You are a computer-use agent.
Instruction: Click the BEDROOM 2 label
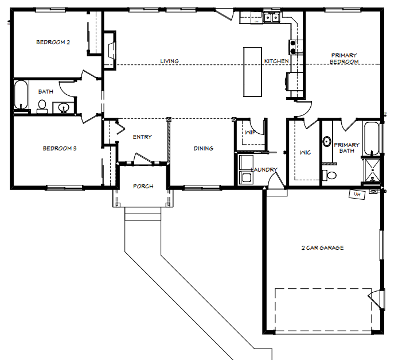(53, 42)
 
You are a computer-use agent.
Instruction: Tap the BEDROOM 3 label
(60, 148)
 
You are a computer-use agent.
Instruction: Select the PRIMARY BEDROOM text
(344, 59)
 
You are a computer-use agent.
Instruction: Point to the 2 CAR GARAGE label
(322, 248)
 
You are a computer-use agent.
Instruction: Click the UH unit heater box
(357, 195)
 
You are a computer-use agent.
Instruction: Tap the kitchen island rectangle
(252, 72)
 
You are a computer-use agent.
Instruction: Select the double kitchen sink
(271, 17)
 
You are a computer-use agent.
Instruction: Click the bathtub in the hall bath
(21, 95)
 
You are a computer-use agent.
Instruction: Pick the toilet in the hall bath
(42, 106)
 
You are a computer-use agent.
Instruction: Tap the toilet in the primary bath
(329, 175)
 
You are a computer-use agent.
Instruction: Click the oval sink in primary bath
(327, 141)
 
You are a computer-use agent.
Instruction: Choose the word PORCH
(143, 187)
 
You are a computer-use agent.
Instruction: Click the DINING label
(204, 148)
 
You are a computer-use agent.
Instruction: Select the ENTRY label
(142, 137)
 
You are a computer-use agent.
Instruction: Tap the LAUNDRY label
(264, 170)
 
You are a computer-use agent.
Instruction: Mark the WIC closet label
(305, 153)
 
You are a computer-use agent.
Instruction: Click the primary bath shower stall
(372, 170)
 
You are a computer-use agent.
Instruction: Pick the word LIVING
(170, 61)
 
